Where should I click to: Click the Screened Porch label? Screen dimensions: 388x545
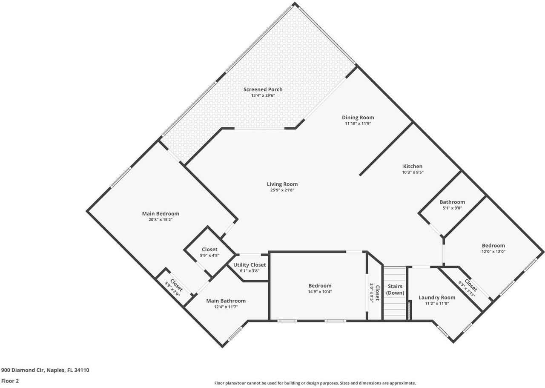(263, 89)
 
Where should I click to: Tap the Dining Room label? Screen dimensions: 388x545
(358, 118)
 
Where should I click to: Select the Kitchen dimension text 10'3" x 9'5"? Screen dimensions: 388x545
(413, 172)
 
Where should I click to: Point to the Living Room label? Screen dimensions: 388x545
(282, 184)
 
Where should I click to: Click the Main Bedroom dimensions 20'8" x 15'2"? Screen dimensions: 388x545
(160, 220)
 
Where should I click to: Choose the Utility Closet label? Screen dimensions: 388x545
(249, 265)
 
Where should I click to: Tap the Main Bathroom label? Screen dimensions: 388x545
(226, 301)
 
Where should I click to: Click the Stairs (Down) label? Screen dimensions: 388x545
(395, 290)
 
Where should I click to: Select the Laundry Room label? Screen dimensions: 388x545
(436, 297)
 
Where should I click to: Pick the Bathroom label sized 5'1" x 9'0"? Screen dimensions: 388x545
(452, 202)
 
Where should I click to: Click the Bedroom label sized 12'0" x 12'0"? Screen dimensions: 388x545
(493, 245)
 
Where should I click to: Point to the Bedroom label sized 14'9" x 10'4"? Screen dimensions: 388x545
(320, 286)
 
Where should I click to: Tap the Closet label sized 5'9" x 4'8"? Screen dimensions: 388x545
(209, 249)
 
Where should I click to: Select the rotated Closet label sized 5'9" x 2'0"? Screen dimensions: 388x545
(175, 285)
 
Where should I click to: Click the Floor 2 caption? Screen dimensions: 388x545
(10, 381)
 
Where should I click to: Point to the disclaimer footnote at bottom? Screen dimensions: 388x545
(315, 383)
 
